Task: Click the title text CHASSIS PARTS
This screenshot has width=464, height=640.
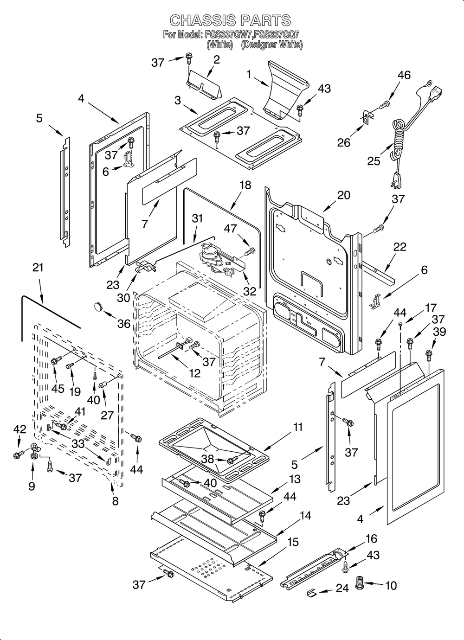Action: pyautogui.click(x=231, y=20)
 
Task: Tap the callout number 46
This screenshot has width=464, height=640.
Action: pyautogui.click(x=404, y=75)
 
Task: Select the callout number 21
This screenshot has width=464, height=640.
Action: pyautogui.click(x=38, y=268)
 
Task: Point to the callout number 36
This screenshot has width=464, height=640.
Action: pyautogui.click(x=124, y=324)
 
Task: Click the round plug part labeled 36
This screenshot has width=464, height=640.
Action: pyautogui.click(x=98, y=307)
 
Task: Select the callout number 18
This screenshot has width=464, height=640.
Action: pyautogui.click(x=245, y=185)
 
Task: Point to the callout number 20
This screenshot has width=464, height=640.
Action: pyautogui.click(x=344, y=195)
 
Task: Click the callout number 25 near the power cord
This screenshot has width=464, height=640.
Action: pyautogui.click(x=374, y=161)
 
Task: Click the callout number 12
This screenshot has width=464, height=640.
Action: pyautogui.click(x=195, y=373)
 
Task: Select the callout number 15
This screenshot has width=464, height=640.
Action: pyautogui.click(x=293, y=542)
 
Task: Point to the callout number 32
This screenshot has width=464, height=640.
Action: pyautogui.click(x=250, y=291)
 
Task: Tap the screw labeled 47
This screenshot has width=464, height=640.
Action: pyautogui.click(x=250, y=251)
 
